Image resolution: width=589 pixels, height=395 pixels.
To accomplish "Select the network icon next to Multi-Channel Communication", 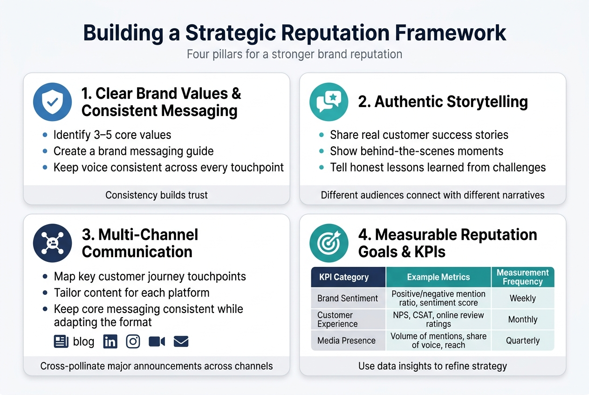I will click(53, 243).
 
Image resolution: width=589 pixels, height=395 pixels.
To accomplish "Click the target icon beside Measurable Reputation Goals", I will click(329, 243).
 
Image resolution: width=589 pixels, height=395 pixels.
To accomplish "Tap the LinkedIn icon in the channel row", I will click(110, 342).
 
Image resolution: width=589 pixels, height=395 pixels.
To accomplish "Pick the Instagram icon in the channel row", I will click(133, 342).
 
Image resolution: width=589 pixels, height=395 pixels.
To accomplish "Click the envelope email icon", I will click(181, 342).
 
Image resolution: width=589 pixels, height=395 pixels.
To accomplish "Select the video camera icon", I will click(157, 342).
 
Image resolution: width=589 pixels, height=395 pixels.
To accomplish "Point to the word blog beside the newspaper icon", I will click(84, 342).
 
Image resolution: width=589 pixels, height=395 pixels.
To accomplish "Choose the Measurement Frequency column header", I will click(522, 277).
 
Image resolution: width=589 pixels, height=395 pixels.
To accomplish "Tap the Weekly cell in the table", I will click(522, 298).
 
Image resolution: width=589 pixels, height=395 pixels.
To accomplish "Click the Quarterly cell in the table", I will click(522, 341).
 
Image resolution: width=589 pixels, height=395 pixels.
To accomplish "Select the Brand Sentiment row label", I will click(348, 298).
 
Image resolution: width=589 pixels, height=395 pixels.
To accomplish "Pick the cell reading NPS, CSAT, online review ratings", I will click(438, 320).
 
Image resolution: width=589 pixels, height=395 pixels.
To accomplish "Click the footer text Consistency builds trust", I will click(157, 195).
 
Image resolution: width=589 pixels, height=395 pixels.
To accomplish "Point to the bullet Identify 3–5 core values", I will click(112, 135).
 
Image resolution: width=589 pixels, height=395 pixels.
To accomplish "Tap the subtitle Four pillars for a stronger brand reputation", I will click(294, 54).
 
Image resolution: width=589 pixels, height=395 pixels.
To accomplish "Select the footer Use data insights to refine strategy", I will click(432, 366).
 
